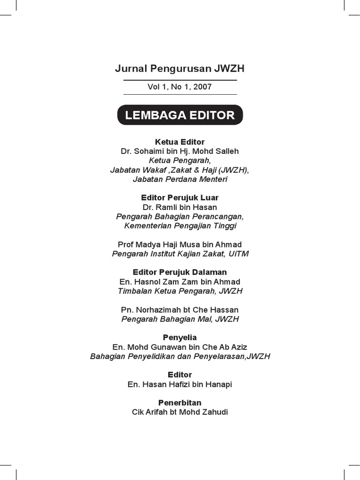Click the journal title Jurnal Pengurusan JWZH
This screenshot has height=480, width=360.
click(180, 69)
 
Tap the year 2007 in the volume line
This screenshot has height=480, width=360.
click(202, 87)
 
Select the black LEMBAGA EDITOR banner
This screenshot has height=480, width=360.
click(180, 115)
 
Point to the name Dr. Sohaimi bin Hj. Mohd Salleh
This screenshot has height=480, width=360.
click(180, 151)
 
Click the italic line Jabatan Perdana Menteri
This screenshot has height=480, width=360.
click(180, 179)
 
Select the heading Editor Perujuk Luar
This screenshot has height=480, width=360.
click(180, 198)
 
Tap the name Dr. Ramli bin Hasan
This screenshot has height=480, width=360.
click(180, 207)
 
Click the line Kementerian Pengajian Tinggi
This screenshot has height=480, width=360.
click(180, 226)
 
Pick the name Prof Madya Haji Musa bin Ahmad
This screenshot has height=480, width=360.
click(180, 245)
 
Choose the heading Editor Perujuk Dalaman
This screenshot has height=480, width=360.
click(180, 272)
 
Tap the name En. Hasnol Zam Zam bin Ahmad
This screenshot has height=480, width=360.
click(180, 282)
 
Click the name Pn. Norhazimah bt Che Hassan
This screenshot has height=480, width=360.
click(180, 310)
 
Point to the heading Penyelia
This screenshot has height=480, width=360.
click(180, 337)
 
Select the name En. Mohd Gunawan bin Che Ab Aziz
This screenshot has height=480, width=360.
click(180, 347)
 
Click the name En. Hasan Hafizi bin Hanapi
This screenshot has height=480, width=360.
click(180, 384)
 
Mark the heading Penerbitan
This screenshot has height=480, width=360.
click(180, 403)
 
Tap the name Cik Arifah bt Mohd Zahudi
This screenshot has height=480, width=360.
click(180, 412)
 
